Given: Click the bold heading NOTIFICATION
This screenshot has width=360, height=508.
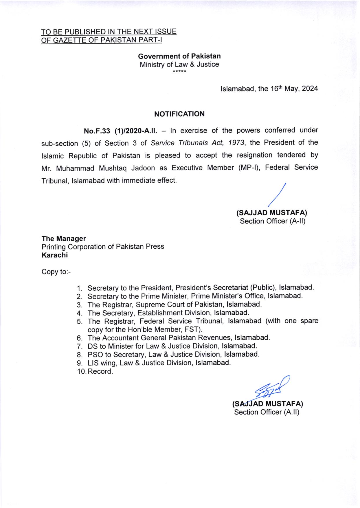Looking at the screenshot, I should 179,114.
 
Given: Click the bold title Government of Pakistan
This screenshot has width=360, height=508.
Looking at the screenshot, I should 179,56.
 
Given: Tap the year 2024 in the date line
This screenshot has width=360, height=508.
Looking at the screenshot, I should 310,89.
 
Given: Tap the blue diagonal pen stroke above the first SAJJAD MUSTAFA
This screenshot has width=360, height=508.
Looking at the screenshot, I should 277,195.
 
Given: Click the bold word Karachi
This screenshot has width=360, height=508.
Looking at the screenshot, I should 55,255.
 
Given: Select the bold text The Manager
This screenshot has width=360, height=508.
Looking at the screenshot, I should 64,239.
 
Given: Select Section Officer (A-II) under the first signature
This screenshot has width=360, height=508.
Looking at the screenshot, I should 272,221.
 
